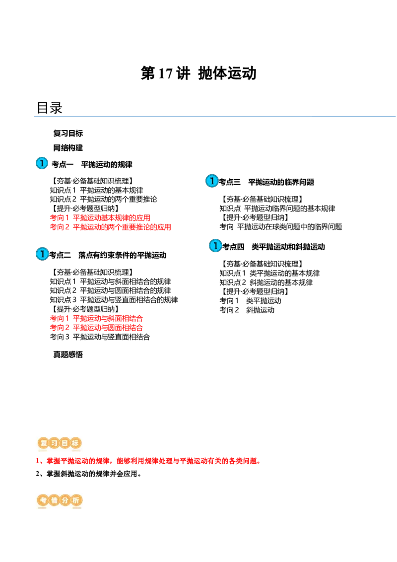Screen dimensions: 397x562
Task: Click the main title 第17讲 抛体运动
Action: click(198, 73)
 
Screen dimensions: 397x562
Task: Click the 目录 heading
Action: click(50, 108)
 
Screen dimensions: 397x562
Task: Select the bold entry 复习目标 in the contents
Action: click(68, 134)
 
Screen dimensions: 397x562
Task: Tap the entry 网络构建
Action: click(68, 147)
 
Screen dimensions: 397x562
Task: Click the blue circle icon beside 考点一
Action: click(42, 163)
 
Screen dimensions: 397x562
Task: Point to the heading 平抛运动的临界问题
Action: click(281, 182)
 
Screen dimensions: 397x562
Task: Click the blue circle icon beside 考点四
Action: click(215, 246)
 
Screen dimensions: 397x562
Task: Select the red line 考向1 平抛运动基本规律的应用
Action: click(100, 217)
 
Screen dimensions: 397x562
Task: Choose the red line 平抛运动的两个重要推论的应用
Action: click(122, 227)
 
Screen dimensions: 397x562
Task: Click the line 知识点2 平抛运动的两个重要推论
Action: click(103, 199)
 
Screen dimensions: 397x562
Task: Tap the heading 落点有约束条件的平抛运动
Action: click(123, 255)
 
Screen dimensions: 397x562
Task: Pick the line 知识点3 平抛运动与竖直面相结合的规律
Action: click(114, 300)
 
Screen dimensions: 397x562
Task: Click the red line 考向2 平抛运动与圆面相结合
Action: click(96, 328)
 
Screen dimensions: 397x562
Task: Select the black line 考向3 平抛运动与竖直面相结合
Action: click(100, 337)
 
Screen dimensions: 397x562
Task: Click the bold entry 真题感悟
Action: click(68, 354)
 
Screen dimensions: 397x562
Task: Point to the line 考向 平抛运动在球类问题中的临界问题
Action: click(281, 226)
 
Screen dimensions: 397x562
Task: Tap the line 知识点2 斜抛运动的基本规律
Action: click(266, 282)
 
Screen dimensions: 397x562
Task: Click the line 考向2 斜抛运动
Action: click(247, 310)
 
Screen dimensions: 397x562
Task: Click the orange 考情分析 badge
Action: click(60, 500)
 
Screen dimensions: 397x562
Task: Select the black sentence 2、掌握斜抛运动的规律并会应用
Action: click(88, 474)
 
